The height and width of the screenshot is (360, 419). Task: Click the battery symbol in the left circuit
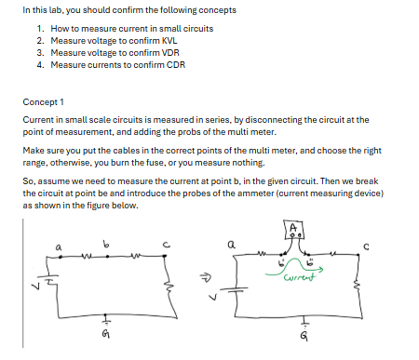click(43, 283)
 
